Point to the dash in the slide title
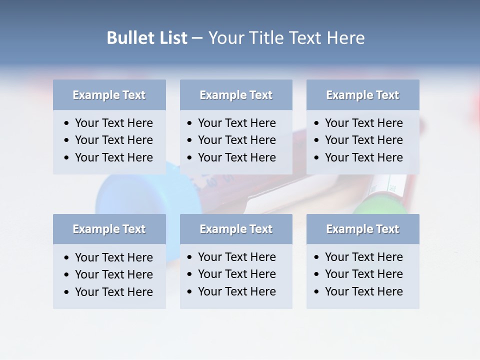197,38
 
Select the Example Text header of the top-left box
109,95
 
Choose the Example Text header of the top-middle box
236,95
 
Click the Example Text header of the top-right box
362,95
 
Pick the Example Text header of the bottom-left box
109,229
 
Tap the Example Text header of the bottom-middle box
236,229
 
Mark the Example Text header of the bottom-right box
362,229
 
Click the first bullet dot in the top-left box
67,123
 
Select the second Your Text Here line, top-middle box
236,140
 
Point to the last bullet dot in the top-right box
317,158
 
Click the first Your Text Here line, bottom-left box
113,257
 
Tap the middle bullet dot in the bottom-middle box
190,274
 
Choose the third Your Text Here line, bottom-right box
363,291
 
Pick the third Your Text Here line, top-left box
113,157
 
